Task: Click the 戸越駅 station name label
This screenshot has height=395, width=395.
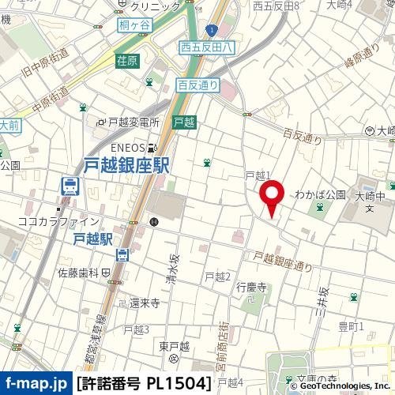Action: pyautogui.click(x=94, y=237)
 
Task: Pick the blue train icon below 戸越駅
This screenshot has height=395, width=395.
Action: pyautogui.click(x=122, y=254)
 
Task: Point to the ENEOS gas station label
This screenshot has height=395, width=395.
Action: pyautogui.click(x=126, y=147)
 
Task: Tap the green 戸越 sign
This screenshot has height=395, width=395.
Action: pyautogui.click(x=183, y=122)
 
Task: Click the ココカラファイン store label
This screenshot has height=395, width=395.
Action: pyautogui.click(x=58, y=221)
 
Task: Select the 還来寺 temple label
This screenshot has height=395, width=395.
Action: pyautogui.click(x=145, y=303)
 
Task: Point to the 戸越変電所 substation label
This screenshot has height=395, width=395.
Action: pyautogui.click(x=133, y=122)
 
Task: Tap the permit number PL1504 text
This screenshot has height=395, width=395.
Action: pyautogui.click(x=145, y=383)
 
